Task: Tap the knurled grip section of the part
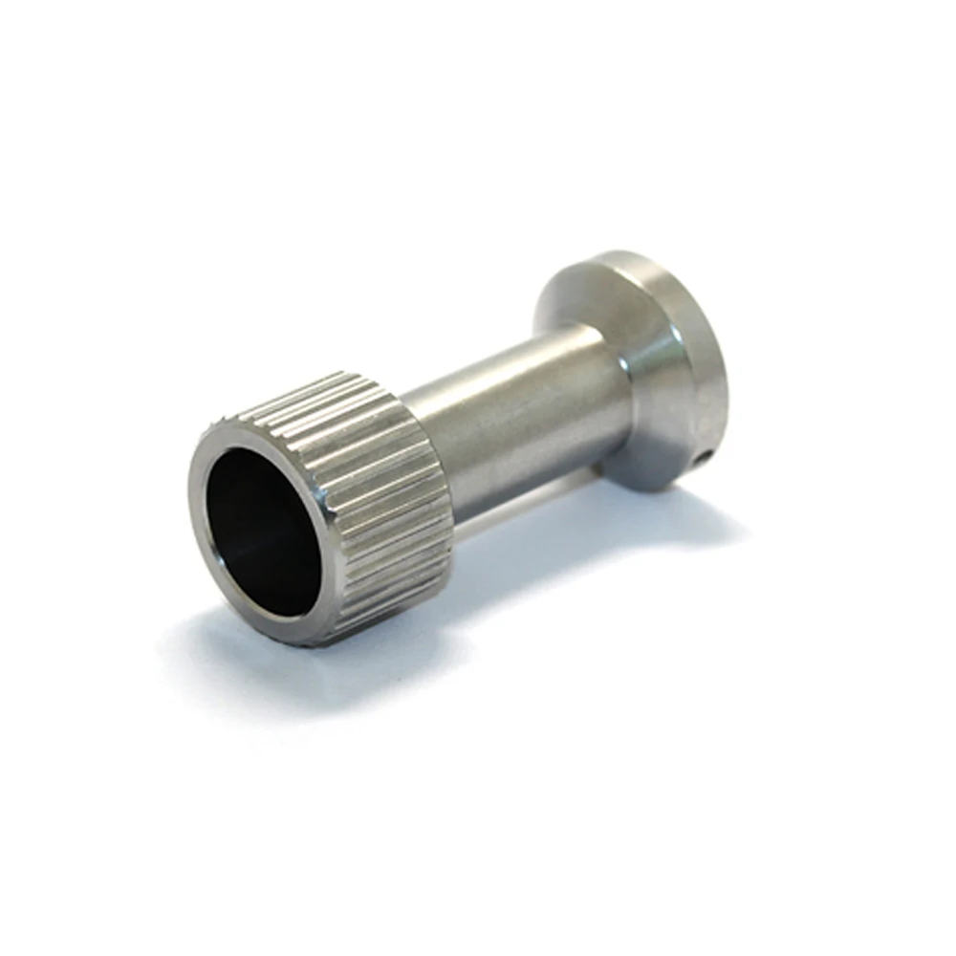pos(382,478)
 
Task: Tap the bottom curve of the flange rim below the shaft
pos(650,483)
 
